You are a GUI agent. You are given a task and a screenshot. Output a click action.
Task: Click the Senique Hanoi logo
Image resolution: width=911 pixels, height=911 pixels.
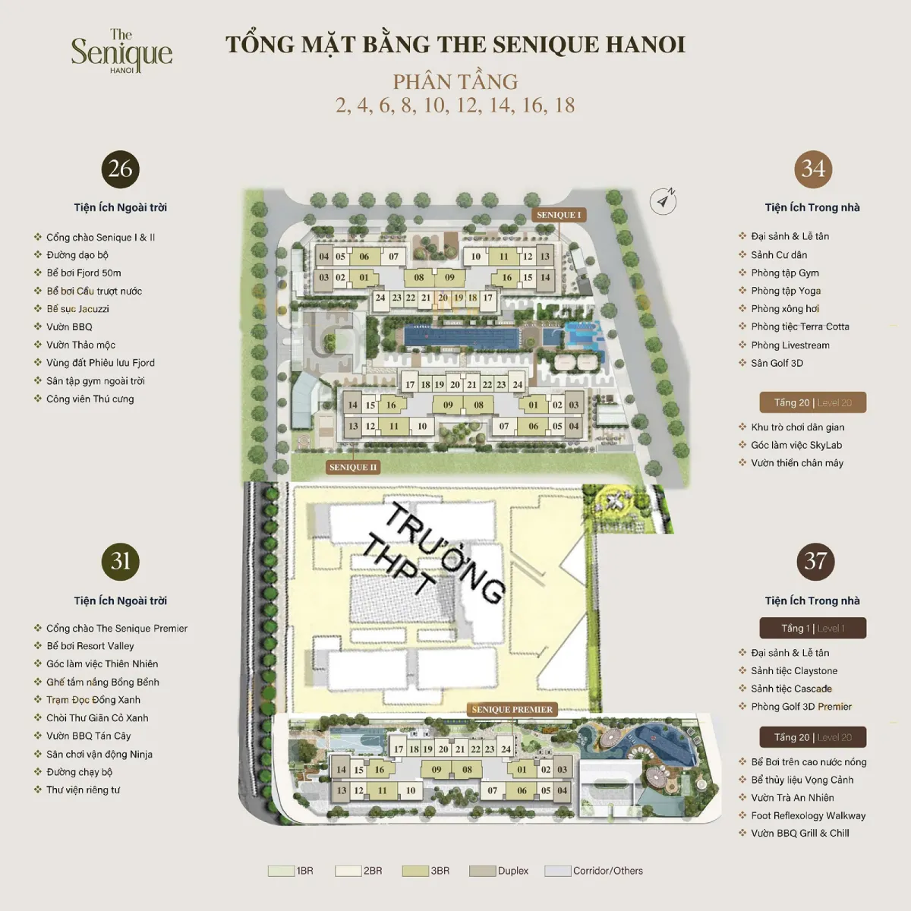click(x=121, y=52)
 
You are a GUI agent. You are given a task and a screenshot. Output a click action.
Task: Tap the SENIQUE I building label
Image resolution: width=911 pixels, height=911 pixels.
click(x=558, y=215)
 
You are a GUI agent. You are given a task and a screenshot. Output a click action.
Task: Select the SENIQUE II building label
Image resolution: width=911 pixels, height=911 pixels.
click(x=353, y=467)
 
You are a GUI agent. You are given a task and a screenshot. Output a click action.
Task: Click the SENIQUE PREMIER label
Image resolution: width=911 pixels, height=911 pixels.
click(x=512, y=710)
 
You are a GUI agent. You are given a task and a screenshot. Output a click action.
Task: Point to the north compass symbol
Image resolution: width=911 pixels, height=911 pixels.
click(x=664, y=201)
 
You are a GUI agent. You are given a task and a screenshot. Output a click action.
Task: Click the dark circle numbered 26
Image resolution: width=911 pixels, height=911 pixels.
click(x=121, y=169)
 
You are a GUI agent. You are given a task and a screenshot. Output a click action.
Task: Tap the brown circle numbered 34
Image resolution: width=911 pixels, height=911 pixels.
click(x=813, y=169)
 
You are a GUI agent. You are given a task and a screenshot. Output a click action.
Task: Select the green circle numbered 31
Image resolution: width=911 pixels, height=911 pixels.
click(x=121, y=561)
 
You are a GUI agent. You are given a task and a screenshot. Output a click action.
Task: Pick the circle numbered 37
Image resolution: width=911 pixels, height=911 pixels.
click(x=815, y=561)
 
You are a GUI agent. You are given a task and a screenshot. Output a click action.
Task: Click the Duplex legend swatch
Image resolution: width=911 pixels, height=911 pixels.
click(x=482, y=871)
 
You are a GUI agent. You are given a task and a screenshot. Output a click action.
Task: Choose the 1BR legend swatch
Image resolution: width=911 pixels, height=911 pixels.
click(x=280, y=871)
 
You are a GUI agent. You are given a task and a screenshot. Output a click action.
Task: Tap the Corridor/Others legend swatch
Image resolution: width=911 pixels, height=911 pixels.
click(x=557, y=871)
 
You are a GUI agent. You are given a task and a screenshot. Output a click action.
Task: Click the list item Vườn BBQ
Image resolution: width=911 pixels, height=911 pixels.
click(x=69, y=327)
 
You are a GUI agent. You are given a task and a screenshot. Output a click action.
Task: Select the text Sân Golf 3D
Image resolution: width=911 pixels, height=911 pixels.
click(x=777, y=363)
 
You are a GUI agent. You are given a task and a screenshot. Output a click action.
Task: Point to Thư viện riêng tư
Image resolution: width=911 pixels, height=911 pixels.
click(x=83, y=790)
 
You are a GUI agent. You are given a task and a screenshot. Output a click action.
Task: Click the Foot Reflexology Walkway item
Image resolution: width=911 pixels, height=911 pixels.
click(x=808, y=815)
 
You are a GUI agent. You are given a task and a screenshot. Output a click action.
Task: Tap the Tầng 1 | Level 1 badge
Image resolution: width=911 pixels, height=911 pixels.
click(x=812, y=628)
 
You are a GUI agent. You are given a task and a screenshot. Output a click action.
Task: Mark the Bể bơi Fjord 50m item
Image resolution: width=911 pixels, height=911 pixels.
click(x=84, y=273)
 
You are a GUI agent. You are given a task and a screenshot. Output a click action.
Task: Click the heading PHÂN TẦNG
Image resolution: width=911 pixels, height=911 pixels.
click(x=455, y=81)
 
